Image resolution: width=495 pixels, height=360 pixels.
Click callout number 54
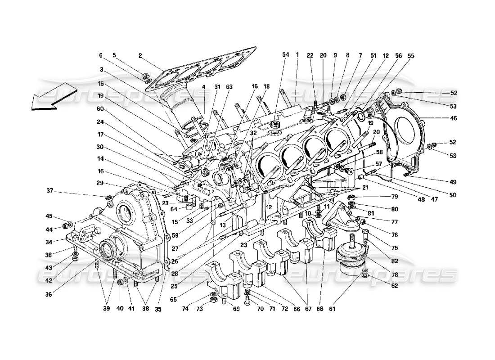(x=285, y=54)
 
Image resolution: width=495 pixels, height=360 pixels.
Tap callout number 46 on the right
(x=453, y=118)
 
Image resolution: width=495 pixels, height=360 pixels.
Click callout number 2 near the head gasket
(x=140, y=56)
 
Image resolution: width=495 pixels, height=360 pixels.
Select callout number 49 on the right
(x=453, y=182)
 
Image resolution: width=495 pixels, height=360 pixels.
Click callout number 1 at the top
(x=297, y=54)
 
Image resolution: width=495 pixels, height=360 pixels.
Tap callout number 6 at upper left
(x=101, y=56)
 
